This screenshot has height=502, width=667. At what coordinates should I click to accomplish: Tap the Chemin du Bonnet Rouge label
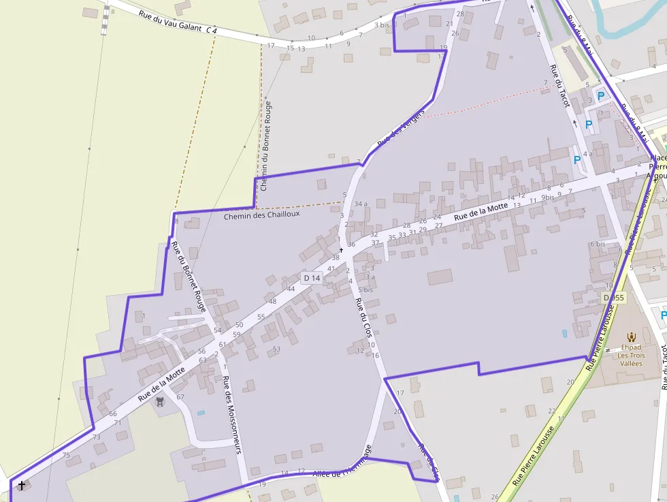[266, 146]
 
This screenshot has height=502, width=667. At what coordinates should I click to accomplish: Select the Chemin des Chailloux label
[262, 214]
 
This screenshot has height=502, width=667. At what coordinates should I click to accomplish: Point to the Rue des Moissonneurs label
[233, 413]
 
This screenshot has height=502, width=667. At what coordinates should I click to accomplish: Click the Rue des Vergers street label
[401, 127]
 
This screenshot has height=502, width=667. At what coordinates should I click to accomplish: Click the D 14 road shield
[312, 278]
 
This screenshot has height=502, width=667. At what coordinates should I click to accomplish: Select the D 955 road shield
[613, 298]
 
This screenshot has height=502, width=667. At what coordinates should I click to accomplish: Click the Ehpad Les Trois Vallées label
[631, 355]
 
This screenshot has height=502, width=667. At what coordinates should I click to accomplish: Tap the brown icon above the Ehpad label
[632, 336]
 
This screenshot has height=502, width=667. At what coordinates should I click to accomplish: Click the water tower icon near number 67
[160, 402]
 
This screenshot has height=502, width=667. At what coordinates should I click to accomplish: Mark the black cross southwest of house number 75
[22, 485]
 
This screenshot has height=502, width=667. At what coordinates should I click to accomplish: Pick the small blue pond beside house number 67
[200, 413]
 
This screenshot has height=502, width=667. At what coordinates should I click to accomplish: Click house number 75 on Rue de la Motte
[66, 455]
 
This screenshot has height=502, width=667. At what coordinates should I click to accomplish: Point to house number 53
[276, 349]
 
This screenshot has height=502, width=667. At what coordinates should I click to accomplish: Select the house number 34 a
[361, 204]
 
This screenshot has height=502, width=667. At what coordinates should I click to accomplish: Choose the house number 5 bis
[366, 289]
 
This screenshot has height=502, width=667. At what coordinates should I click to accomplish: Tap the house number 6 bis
[598, 244]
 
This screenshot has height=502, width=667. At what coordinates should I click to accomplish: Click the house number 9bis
[548, 198]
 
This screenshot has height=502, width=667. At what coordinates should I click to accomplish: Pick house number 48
[272, 301]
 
